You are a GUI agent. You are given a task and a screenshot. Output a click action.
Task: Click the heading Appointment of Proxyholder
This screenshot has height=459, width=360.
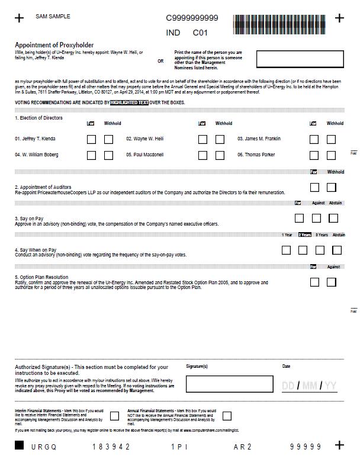click(54, 45)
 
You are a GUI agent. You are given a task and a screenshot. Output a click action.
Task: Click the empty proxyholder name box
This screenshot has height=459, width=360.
click(300, 59)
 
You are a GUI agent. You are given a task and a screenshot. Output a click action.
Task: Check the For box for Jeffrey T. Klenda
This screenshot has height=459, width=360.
click(91, 140)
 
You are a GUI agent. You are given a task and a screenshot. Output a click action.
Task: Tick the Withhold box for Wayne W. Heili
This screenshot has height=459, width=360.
click(220, 140)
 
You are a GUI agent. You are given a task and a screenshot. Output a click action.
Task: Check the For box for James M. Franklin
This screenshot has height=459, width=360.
click(314, 140)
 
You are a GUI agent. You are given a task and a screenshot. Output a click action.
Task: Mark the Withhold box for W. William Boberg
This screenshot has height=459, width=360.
click(108, 156)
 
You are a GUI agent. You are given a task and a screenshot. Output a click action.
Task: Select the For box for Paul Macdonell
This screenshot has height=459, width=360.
click(202, 156)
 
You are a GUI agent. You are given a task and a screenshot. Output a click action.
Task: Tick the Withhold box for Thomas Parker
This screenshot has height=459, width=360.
click(331, 156)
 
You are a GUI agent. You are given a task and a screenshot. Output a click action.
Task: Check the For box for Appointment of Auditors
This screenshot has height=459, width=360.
click(314, 188)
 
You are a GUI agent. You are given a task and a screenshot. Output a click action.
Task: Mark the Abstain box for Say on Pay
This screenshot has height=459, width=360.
click(333, 219)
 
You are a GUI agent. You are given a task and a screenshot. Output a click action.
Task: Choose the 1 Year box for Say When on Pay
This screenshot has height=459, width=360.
click(286, 250)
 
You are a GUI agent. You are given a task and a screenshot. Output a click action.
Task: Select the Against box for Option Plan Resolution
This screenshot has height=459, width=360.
click(331, 282)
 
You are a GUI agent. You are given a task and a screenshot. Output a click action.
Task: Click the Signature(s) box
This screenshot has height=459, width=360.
click(229, 384)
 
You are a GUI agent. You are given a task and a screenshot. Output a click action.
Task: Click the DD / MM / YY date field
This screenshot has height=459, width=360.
click(309, 386)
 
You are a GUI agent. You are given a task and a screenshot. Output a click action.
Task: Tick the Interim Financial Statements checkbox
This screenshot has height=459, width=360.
click(114, 416)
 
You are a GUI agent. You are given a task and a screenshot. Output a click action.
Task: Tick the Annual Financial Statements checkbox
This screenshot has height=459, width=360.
click(227, 416)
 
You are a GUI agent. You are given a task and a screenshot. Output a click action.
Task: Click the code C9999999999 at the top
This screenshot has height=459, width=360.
click(192, 18)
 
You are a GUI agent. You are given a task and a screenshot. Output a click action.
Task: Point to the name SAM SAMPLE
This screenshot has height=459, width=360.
click(53, 17)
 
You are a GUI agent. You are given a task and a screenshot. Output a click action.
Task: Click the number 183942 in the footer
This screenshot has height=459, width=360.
click(111, 447)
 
